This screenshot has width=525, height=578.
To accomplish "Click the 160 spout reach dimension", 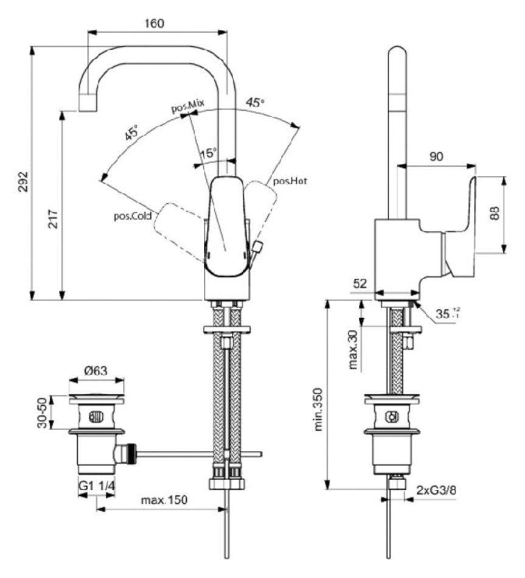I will [156, 24].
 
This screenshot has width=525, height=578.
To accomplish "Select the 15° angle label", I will [208, 153].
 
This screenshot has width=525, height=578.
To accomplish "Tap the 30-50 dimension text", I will [42, 413].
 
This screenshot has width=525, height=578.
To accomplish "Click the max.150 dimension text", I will [164, 500].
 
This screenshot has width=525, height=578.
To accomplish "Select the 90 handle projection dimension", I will [436, 156].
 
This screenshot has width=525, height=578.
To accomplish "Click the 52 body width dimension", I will [361, 284].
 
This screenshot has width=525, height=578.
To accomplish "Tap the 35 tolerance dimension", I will [447, 314].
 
